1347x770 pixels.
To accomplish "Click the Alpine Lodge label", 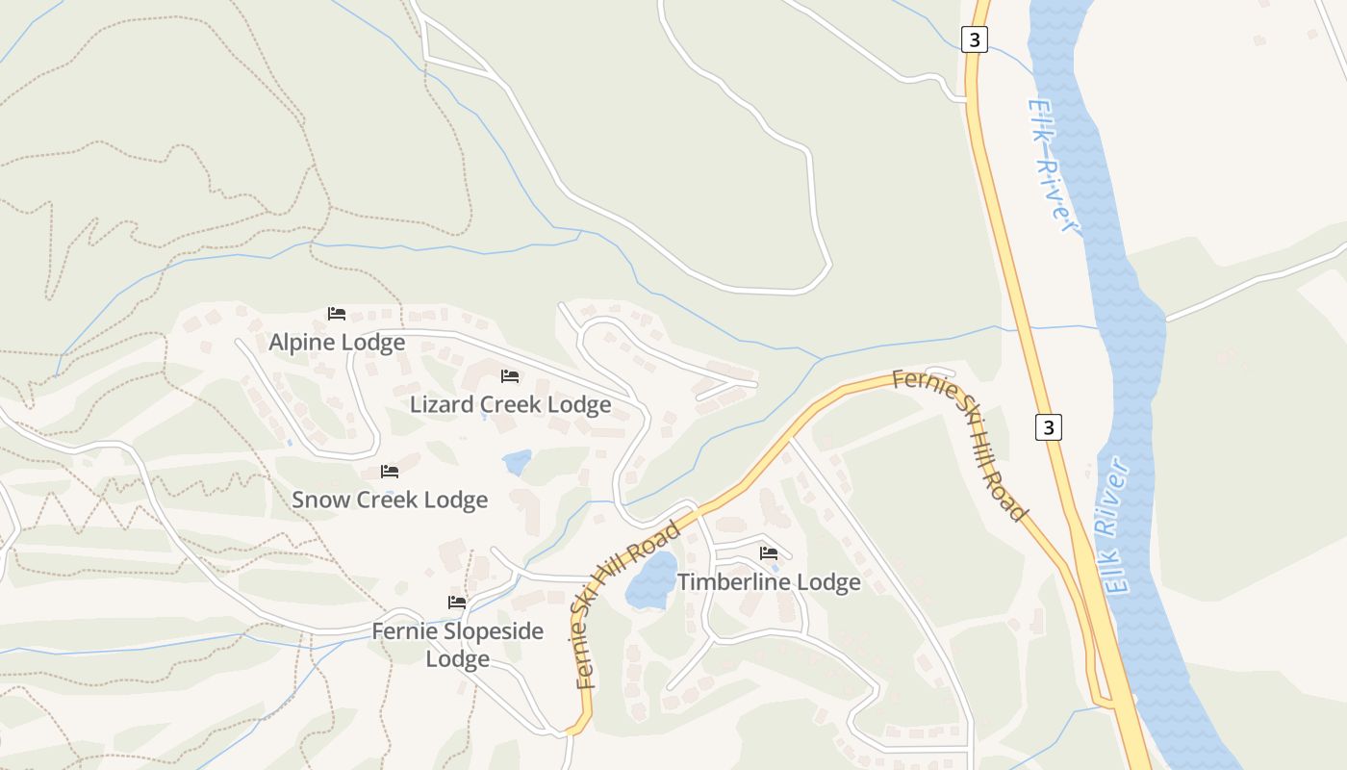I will [337, 343].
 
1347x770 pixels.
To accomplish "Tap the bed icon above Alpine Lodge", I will [336, 314].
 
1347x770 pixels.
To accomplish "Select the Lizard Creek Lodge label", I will [510, 404].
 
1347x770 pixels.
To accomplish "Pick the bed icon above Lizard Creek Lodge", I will [510, 376].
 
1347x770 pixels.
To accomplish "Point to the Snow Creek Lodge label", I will [390, 500].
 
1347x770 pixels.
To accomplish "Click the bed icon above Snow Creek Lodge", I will [390, 472].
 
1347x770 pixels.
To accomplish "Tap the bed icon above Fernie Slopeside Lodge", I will [457, 603].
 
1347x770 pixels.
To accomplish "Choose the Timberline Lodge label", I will [769, 582].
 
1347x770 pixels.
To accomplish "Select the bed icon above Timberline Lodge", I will [768, 553].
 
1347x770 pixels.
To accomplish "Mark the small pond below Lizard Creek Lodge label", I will [517, 463].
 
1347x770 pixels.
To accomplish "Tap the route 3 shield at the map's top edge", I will [974, 39].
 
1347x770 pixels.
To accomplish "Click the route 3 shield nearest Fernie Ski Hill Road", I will [1048, 426].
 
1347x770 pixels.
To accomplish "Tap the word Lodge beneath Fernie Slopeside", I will [457, 659].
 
